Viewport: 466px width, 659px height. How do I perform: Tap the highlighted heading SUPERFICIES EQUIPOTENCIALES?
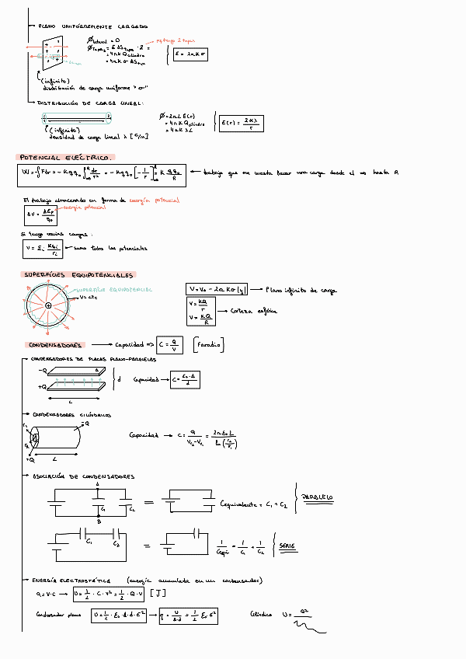pyautogui.click(x=77, y=275)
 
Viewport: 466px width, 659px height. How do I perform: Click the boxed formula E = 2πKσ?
pyautogui.click(x=190, y=54)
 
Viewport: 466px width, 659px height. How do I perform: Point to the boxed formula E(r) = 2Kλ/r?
pyautogui.click(x=239, y=124)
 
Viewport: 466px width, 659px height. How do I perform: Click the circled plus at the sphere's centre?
pyautogui.click(x=49, y=305)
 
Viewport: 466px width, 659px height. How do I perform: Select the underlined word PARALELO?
pyautogui.click(x=317, y=497)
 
